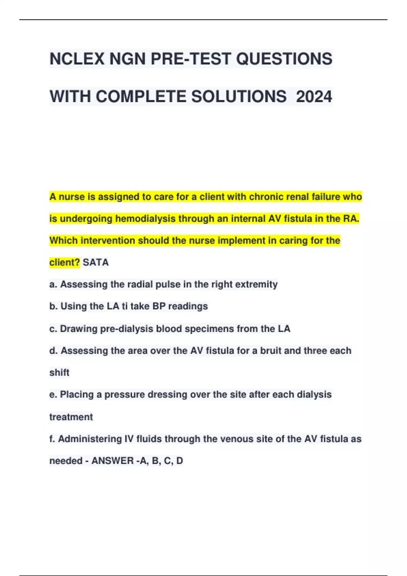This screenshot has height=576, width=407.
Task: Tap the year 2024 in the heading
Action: [314, 97]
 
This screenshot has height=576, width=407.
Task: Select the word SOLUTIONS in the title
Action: [239, 97]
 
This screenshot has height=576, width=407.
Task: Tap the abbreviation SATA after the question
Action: [96, 263]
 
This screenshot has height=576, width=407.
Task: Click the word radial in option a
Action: [140, 284]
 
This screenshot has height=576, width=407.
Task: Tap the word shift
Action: [59, 373]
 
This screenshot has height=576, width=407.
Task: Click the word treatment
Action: [71, 417]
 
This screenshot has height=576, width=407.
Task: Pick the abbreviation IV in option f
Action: [129, 439]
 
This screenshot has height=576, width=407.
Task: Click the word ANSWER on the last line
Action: [113, 461]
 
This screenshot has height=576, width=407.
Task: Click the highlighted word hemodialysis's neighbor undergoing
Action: [86, 219]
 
